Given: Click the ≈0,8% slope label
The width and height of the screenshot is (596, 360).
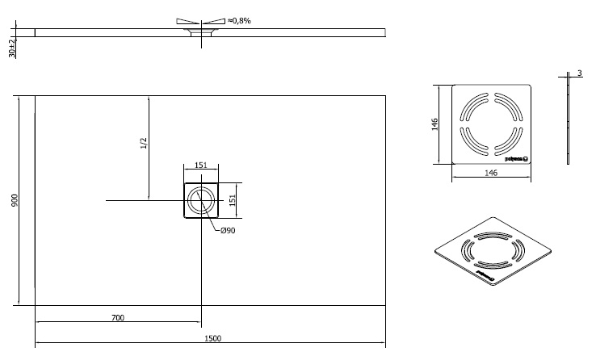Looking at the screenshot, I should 239,20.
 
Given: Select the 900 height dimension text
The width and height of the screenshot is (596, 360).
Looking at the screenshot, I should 14,200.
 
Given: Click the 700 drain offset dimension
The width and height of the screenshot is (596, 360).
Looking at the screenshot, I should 117,318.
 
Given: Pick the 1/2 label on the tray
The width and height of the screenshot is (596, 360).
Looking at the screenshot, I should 144,144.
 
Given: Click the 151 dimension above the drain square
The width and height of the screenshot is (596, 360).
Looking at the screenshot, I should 201,165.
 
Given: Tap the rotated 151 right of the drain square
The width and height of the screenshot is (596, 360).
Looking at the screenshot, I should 233,200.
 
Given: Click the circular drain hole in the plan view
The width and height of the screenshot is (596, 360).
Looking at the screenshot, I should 201,200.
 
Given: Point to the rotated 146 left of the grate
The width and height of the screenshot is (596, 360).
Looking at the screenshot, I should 434,123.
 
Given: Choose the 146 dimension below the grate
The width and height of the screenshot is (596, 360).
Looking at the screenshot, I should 490,172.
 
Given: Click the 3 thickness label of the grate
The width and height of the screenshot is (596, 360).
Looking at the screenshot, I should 580,74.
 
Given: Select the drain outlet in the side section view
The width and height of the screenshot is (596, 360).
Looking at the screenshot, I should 201,33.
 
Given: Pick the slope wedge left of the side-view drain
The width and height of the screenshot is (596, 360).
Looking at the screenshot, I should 185,20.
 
